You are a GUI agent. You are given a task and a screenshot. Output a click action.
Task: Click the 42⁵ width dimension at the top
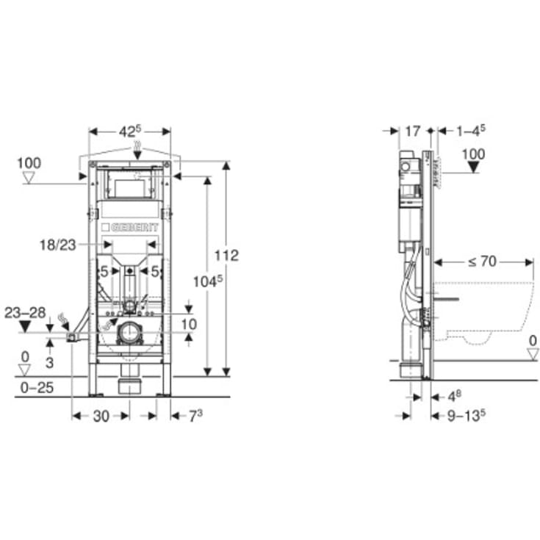(129, 132)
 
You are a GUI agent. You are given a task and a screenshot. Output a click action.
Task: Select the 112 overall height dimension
(228, 256)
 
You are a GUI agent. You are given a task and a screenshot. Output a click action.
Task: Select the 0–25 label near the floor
(35, 387)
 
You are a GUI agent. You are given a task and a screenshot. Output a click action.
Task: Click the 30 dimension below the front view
(101, 416)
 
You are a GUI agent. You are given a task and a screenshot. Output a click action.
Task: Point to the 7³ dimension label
(194, 416)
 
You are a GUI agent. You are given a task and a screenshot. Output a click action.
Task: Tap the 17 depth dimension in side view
(413, 132)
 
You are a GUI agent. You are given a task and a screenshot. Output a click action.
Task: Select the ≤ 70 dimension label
(483, 261)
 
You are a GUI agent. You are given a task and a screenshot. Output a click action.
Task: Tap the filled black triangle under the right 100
(475, 167)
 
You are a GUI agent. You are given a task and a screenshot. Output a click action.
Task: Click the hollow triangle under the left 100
(30, 177)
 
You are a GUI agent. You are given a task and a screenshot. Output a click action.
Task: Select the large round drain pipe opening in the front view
(129, 334)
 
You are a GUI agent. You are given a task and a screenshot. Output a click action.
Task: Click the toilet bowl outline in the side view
(485, 309)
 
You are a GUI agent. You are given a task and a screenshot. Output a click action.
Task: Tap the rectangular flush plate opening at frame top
(129, 186)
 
